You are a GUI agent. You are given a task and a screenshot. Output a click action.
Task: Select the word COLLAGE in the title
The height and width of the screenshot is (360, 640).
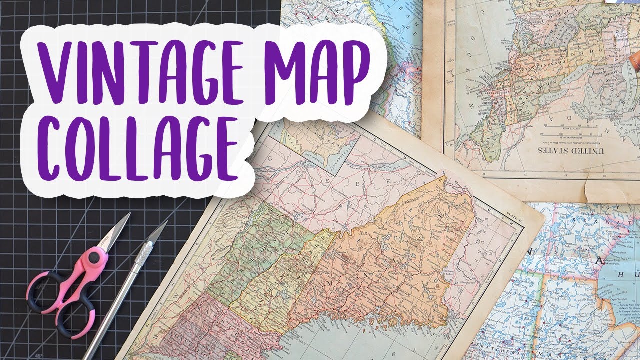tap(137, 147)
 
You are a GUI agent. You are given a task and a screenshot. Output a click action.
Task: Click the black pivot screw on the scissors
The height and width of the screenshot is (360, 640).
tap(93, 258)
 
